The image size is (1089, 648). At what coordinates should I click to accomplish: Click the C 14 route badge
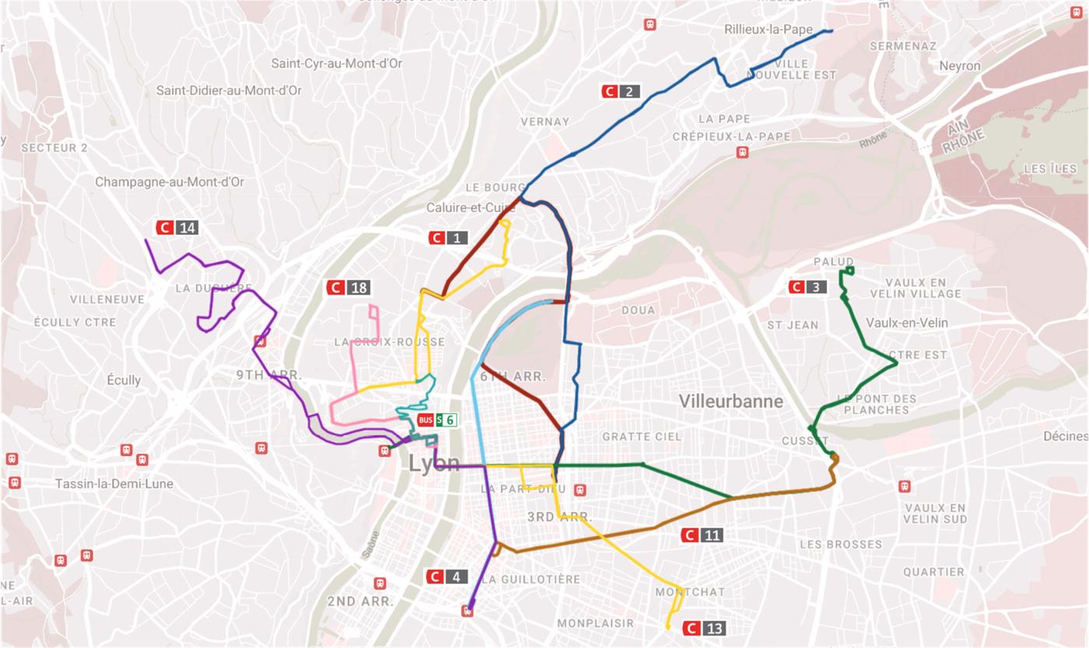coord(177,228)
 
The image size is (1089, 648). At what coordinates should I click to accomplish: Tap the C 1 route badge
coord(447,238)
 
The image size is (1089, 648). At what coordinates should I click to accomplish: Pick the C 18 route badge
coord(348,288)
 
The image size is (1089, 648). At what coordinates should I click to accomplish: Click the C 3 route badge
coord(807,287)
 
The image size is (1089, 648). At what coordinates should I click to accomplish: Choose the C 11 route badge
coord(702,535)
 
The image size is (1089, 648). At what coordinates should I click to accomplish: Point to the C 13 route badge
coord(704,628)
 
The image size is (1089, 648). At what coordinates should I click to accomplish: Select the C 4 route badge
coord(446,577)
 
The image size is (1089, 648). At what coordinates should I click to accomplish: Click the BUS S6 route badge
coord(437,420)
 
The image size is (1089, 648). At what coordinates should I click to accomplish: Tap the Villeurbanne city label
coord(730,402)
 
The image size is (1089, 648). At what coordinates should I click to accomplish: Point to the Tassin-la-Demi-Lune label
coord(114,483)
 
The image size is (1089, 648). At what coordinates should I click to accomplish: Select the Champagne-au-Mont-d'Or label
coord(170,182)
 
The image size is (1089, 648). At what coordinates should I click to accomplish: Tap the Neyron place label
coord(959,66)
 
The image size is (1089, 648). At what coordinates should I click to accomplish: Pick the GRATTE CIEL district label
coord(642,437)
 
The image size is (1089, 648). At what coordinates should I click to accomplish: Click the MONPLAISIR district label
coord(595,623)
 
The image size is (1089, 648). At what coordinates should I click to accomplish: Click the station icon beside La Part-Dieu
coord(580,490)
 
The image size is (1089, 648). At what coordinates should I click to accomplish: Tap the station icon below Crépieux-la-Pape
coord(743,153)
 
